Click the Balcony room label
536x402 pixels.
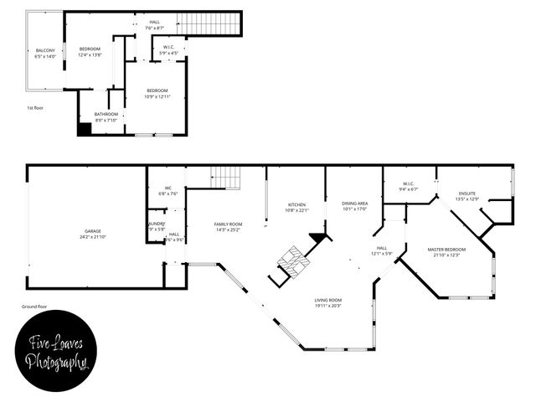coord(45,54)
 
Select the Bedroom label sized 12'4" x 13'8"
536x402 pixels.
coord(90,52)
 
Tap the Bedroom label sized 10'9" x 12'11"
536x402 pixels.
coord(157,93)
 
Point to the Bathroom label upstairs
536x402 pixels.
coord(106,116)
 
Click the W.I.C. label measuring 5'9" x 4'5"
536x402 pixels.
coord(168,50)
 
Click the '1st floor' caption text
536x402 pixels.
coord(35,108)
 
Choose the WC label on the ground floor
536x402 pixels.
coord(167,190)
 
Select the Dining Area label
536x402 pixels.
coord(354,206)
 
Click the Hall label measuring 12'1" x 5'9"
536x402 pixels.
coord(382,250)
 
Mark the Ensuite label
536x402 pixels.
coord(466,196)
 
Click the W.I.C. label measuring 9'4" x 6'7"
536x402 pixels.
coord(409,187)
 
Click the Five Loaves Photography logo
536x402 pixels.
coord(56,353)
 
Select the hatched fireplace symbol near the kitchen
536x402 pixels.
coord(293,261)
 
